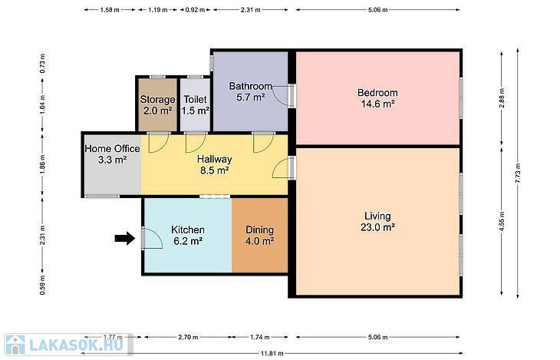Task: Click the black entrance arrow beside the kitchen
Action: (125, 239)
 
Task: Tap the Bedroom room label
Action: (377, 93)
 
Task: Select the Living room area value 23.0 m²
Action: (377, 227)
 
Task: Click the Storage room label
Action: (157, 99)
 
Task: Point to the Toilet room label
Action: (195, 99)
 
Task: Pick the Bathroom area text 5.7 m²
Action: (250, 97)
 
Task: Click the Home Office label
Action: (113, 148)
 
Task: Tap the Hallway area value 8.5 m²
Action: (214, 170)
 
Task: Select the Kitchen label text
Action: (188, 230)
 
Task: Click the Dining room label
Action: (259, 230)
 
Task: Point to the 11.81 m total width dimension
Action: (272, 354)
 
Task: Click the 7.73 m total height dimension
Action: (518, 173)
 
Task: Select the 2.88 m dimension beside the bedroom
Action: (502, 98)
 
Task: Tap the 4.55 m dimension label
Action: (502, 222)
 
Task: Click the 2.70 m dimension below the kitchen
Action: (188, 337)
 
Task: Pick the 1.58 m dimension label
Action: (110, 10)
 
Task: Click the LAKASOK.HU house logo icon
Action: (15, 345)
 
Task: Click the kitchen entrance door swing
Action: (153, 238)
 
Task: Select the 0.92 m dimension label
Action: (195, 10)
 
